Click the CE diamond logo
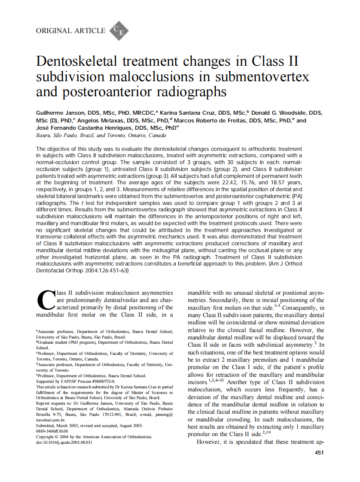pyautogui.click(x=119, y=31)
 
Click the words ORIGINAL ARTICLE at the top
pyautogui.click(x=71, y=31)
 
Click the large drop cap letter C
pyautogui.click(x=46, y=301)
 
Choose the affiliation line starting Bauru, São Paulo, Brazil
pyautogui.click(x=101, y=135)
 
